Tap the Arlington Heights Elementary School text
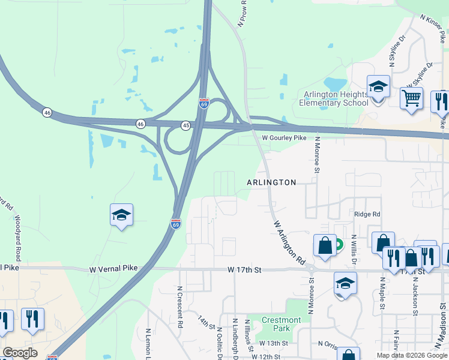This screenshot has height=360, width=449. [x=334, y=98]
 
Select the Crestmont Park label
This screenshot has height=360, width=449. [x=282, y=324]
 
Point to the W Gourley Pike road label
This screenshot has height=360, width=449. [x=285, y=138]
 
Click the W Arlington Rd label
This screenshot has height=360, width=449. [x=289, y=243]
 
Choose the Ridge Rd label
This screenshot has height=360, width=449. [x=367, y=214]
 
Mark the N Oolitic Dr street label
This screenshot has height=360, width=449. [x=220, y=343]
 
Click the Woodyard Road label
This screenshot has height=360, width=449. [x=17, y=238]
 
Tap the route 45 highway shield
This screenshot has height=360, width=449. [x=186, y=125]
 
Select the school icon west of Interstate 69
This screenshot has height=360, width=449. [x=121, y=215]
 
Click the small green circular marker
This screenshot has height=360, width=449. [x=338, y=244]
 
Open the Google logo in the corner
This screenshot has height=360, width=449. [x=20, y=353]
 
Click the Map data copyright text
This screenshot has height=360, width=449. [x=412, y=355]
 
